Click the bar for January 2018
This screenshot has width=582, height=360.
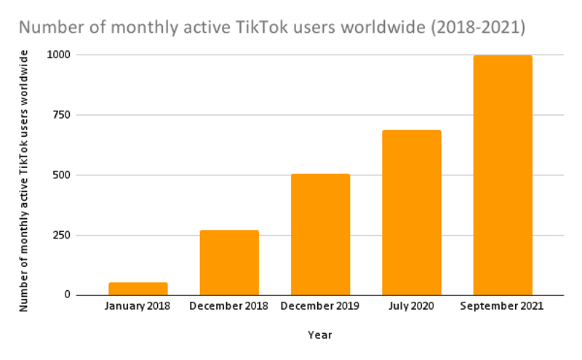tap(137, 289)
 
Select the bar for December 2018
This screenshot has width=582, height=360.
tap(229, 263)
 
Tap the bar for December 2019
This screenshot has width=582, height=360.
tap(320, 234)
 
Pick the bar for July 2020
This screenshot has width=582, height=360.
tap(412, 212)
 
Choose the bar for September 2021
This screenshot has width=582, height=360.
tap(503, 175)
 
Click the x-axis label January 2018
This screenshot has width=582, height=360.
tap(137, 306)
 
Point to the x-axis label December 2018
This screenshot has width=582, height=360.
tap(228, 306)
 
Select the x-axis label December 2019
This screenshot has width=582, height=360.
tap(320, 306)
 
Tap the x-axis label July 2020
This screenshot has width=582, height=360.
tap(411, 306)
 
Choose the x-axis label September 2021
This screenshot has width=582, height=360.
tap(502, 306)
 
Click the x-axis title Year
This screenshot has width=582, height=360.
tap(319, 335)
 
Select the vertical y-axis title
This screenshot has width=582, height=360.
tap(24, 180)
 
